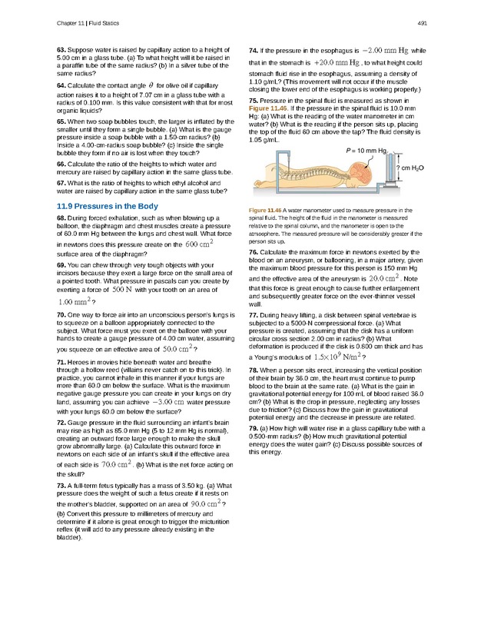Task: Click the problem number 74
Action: pos(254,50)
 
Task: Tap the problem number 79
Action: pos(254,427)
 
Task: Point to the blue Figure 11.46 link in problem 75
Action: pos(267,109)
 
